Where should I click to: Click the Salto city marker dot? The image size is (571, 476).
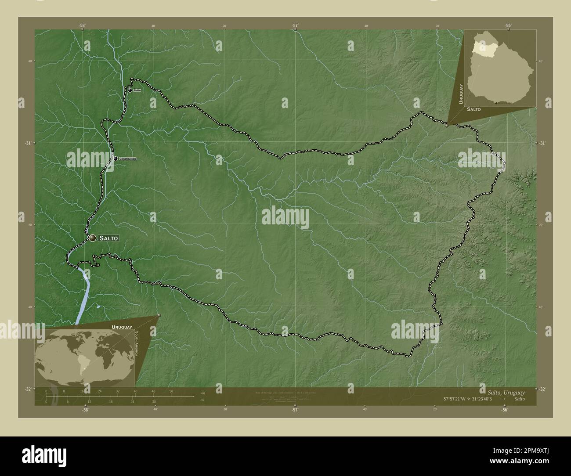click(x=92, y=238)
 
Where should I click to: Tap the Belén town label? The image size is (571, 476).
click(x=137, y=90)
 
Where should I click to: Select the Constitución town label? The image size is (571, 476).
click(x=128, y=159)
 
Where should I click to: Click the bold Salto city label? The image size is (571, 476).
click(x=108, y=238)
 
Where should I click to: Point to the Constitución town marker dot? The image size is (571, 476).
click(x=115, y=159)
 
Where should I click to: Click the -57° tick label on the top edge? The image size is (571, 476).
click(x=295, y=26)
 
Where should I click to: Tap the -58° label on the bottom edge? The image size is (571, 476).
click(x=85, y=409)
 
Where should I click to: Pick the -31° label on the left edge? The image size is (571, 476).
click(x=29, y=143)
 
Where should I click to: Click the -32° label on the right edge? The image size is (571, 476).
click(x=542, y=389)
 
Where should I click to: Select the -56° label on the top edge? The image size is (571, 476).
click(x=508, y=26)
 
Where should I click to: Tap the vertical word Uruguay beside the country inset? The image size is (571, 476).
click(x=461, y=92)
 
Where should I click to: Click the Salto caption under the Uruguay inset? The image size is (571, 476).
click(x=473, y=108)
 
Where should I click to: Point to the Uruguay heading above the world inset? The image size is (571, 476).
click(x=122, y=327)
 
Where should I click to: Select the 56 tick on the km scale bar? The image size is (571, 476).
click(x=171, y=391)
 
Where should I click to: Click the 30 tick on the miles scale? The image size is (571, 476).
click(x=154, y=401)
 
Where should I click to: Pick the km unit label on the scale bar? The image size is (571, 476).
click(x=202, y=393)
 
